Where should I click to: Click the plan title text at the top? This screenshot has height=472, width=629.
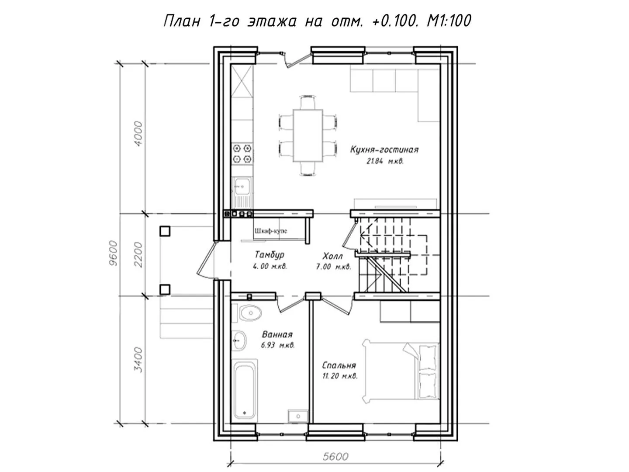tap(317, 21)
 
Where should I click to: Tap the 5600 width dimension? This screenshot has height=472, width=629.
tap(335, 456)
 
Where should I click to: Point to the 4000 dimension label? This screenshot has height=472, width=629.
tap(138, 134)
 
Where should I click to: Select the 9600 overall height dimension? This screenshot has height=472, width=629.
tap(114, 253)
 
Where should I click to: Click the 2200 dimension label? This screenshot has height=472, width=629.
tap(138, 254)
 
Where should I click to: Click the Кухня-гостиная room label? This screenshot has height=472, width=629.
tap(384, 149)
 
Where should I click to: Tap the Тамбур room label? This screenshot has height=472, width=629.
tap(270, 254)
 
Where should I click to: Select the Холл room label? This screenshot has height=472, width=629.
tap(332, 255)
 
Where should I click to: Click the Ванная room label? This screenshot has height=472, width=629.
tap(277, 334)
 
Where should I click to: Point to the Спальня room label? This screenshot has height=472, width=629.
tap(339, 365)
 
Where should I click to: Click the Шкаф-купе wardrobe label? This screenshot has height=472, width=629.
tap(271, 231)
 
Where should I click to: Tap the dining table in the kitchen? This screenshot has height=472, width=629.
tap(308, 135)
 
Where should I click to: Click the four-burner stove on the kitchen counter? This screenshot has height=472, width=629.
tap(242, 153)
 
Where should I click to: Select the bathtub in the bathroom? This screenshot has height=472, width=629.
tap(245, 390)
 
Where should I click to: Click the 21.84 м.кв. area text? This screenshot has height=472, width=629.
tap(385, 161)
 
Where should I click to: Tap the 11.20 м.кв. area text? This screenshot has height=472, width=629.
tap(340, 376)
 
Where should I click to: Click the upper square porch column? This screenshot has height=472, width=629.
tap(165, 231)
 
